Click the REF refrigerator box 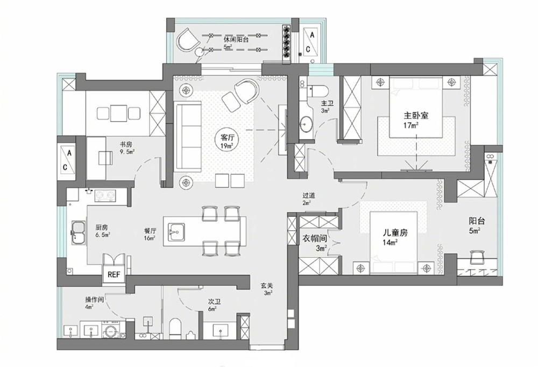[x=114, y=274]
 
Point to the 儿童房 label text [x=395, y=232]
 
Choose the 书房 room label [x=125, y=144]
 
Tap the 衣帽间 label [x=314, y=238]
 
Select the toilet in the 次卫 [x=175, y=329]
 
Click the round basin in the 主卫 [x=306, y=124]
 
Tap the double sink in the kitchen [x=79, y=232]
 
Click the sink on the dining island [x=176, y=231]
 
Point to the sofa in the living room [x=188, y=136]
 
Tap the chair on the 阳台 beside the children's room [x=477, y=257]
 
